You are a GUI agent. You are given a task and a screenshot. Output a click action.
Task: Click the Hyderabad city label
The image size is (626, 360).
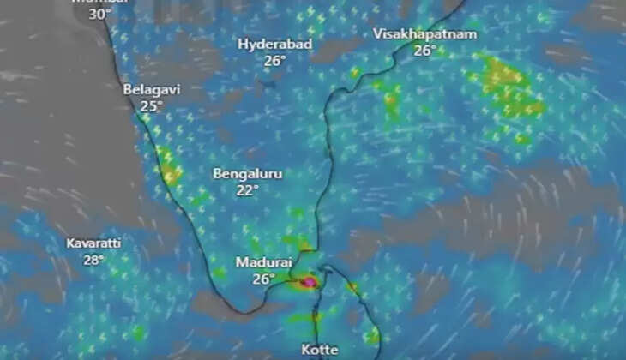pos(274,44)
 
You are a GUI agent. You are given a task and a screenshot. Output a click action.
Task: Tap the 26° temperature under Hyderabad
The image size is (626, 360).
pos(274,61)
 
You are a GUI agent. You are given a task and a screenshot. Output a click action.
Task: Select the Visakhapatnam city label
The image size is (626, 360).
pos(424,33)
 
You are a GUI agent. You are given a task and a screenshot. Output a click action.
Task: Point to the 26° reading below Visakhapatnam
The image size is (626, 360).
pos(424,51)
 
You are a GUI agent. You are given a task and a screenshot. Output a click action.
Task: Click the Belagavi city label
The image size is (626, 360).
pos(151,89)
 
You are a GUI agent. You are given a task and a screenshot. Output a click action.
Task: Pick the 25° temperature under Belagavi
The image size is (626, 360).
pos(151,106)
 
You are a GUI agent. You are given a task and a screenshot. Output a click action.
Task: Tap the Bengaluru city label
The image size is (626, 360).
pos(247,173)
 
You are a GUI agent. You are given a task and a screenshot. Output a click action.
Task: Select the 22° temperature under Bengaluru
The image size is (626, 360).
pos(247,190)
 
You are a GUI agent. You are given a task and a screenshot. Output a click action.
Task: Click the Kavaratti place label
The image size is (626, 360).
pos(93,243)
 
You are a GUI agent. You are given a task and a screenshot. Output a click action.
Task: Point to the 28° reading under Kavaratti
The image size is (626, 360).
pos(93,260)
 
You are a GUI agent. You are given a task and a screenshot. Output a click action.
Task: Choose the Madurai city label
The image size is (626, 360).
pos(263,262)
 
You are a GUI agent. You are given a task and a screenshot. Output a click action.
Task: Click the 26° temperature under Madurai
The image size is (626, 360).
pos(263,279)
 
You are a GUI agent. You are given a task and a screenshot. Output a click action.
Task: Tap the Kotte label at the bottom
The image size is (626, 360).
pos(321,350)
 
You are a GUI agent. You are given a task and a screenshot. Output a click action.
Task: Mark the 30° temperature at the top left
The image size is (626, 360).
pos(100,14)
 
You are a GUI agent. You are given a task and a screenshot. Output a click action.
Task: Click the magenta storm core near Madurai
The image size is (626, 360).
pos(308,280)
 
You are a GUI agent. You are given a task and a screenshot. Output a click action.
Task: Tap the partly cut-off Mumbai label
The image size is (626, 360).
pos(100,3)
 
